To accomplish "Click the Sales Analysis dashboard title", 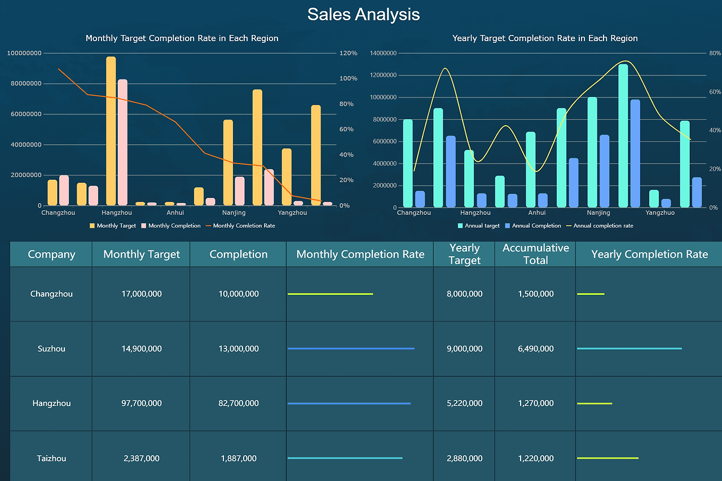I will [x=363, y=14].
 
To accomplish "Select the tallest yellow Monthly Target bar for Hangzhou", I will [x=111, y=131].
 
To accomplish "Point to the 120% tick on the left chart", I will [x=347, y=53].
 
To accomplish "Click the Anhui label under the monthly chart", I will [x=175, y=213].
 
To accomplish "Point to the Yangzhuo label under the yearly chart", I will [x=660, y=213].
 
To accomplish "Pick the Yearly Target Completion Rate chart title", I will [x=545, y=38].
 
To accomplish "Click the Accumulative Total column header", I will [x=535, y=254].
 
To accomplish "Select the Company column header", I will [x=51, y=254].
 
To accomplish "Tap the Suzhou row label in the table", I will [x=51, y=348].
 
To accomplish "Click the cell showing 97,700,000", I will [x=142, y=403].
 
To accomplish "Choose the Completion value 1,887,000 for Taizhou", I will [x=238, y=458].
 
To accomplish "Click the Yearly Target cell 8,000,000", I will [x=464, y=294].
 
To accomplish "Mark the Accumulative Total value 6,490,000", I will [x=535, y=348].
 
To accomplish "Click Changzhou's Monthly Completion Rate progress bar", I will [x=331, y=294].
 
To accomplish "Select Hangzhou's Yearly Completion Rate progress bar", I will [x=595, y=403].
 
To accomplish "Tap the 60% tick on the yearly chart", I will [x=715, y=92].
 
